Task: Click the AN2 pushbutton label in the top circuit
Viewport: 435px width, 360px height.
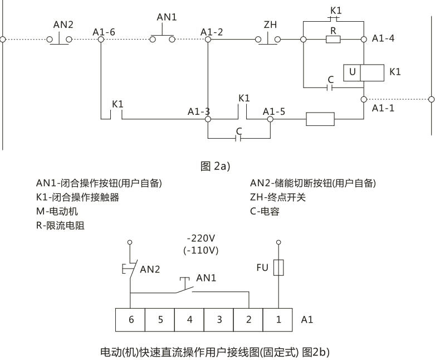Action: (x=63, y=25)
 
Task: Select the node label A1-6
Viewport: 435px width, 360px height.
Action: (x=104, y=32)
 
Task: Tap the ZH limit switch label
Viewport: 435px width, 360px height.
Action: (x=270, y=25)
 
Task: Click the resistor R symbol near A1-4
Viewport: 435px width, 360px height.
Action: (x=333, y=40)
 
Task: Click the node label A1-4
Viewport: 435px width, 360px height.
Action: (x=384, y=39)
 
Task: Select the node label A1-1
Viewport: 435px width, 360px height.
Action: (x=383, y=108)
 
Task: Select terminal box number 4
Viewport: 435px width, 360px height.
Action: (x=189, y=320)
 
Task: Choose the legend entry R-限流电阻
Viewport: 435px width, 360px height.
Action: (x=60, y=226)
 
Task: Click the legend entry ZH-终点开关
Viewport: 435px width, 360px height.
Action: (x=278, y=197)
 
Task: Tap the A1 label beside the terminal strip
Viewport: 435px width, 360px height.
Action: (x=307, y=320)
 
